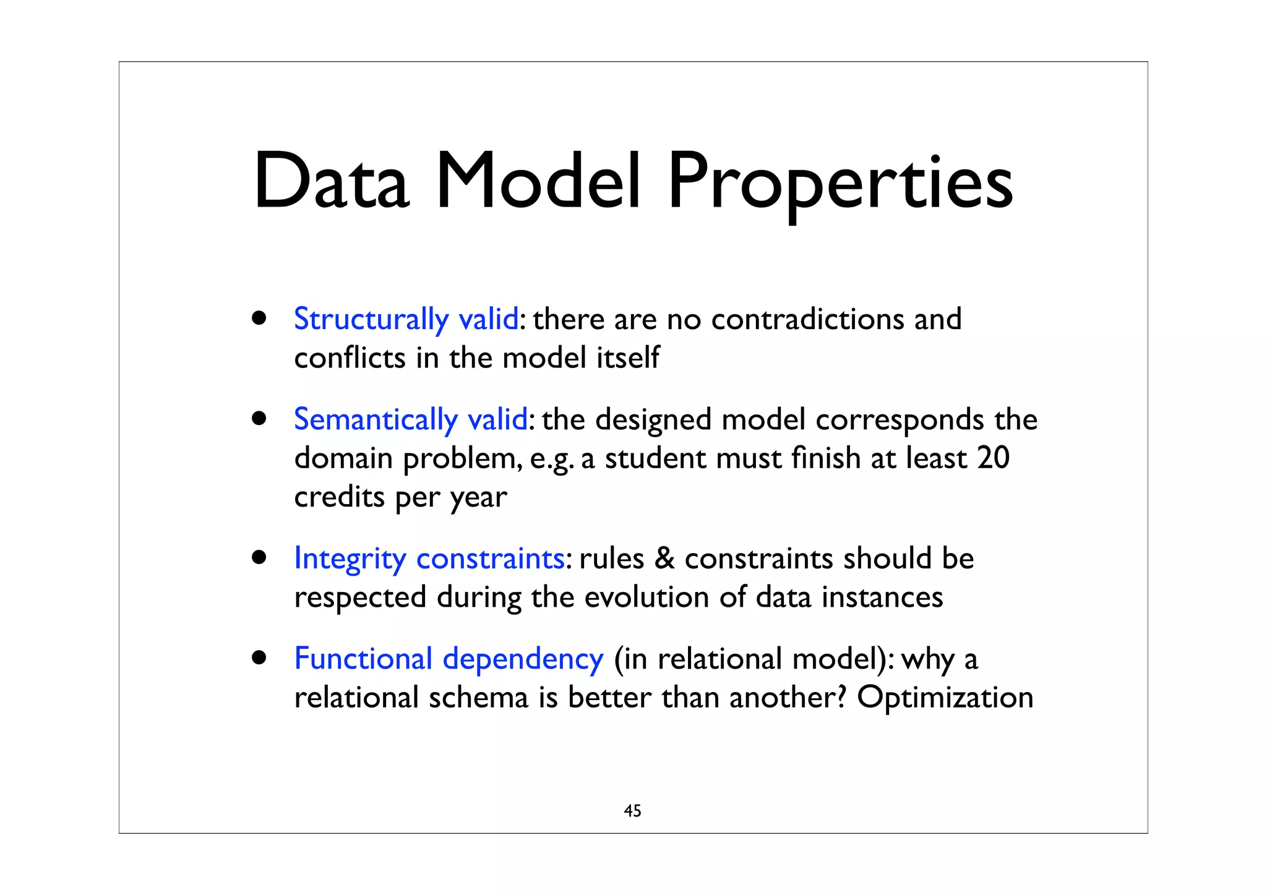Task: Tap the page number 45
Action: tap(632, 811)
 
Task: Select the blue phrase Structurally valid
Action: tap(406, 320)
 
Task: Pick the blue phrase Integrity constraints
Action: tap(429, 559)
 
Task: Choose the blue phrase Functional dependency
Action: tap(449, 659)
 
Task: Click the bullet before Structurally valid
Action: tap(259, 319)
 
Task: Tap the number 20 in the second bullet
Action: tap(993, 458)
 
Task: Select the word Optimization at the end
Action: tap(945, 698)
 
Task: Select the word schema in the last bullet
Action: tap(478, 698)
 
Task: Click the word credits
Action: tap(339, 497)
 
